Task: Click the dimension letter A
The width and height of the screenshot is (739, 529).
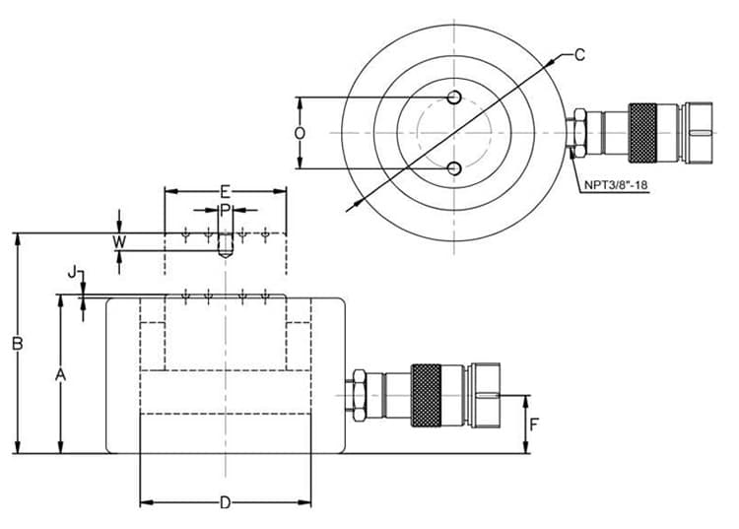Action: pyautogui.click(x=60, y=374)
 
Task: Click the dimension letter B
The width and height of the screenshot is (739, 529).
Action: pyautogui.click(x=17, y=344)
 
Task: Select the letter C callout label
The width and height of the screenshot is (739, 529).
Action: pyautogui.click(x=579, y=55)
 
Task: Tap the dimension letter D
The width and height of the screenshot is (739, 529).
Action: pyautogui.click(x=225, y=503)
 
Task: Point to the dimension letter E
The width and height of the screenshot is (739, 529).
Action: pyautogui.click(x=225, y=190)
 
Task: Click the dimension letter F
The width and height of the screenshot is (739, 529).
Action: pyautogui.click(x=535, y=426)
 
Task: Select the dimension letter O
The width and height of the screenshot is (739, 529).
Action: pyautogui.click(x=301, y=133)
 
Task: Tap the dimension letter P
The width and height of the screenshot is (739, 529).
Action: pyautogui.click(x=225, y=210)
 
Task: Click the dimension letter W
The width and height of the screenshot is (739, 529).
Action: pyautogui.click(x=119, y=241)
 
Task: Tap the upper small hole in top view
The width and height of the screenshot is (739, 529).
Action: pyautogui.click(x=453, y=97)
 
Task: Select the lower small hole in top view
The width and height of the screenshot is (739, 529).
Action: pyautogui.click(x=453, y=169)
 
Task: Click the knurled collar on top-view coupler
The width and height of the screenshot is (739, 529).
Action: pyautogui.click(x=641, y=132)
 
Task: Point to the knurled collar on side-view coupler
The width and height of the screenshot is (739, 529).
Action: pyautogui.click(x=426, y=395)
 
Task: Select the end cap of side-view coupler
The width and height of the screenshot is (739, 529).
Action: pyautogui.click(x=493, y=395)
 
